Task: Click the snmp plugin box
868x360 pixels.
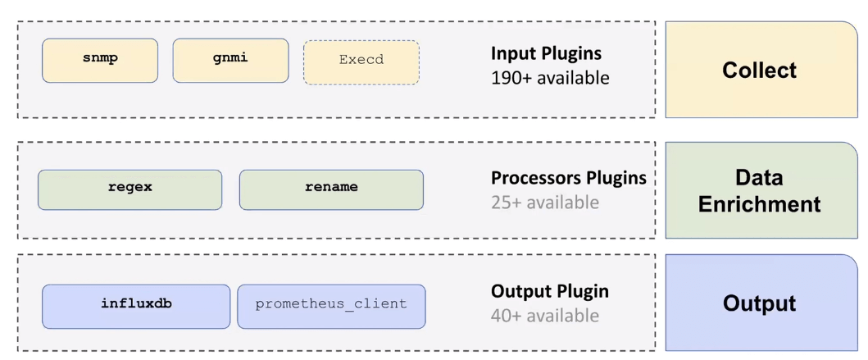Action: (x=100, y=60)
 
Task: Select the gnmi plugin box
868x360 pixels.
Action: (x=230, y=60)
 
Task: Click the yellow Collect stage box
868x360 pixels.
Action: (x=760, y=70)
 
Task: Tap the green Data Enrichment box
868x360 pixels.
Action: (x=760, y=190)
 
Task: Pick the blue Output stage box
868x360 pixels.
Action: (x=760, y=303)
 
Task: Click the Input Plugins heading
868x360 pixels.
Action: (x=546, y=53)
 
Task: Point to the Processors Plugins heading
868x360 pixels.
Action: (x=568, y=178)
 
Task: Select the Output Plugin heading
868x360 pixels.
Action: (x=549, y=291)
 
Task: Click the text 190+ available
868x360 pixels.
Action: (x=549, y=79)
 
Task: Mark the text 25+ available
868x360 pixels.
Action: (x=544, y=203)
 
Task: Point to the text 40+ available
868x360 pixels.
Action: (x=544, y=316)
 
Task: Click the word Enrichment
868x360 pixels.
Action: (x=760, y=204)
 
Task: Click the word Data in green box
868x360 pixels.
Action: (x=760, y=177)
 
